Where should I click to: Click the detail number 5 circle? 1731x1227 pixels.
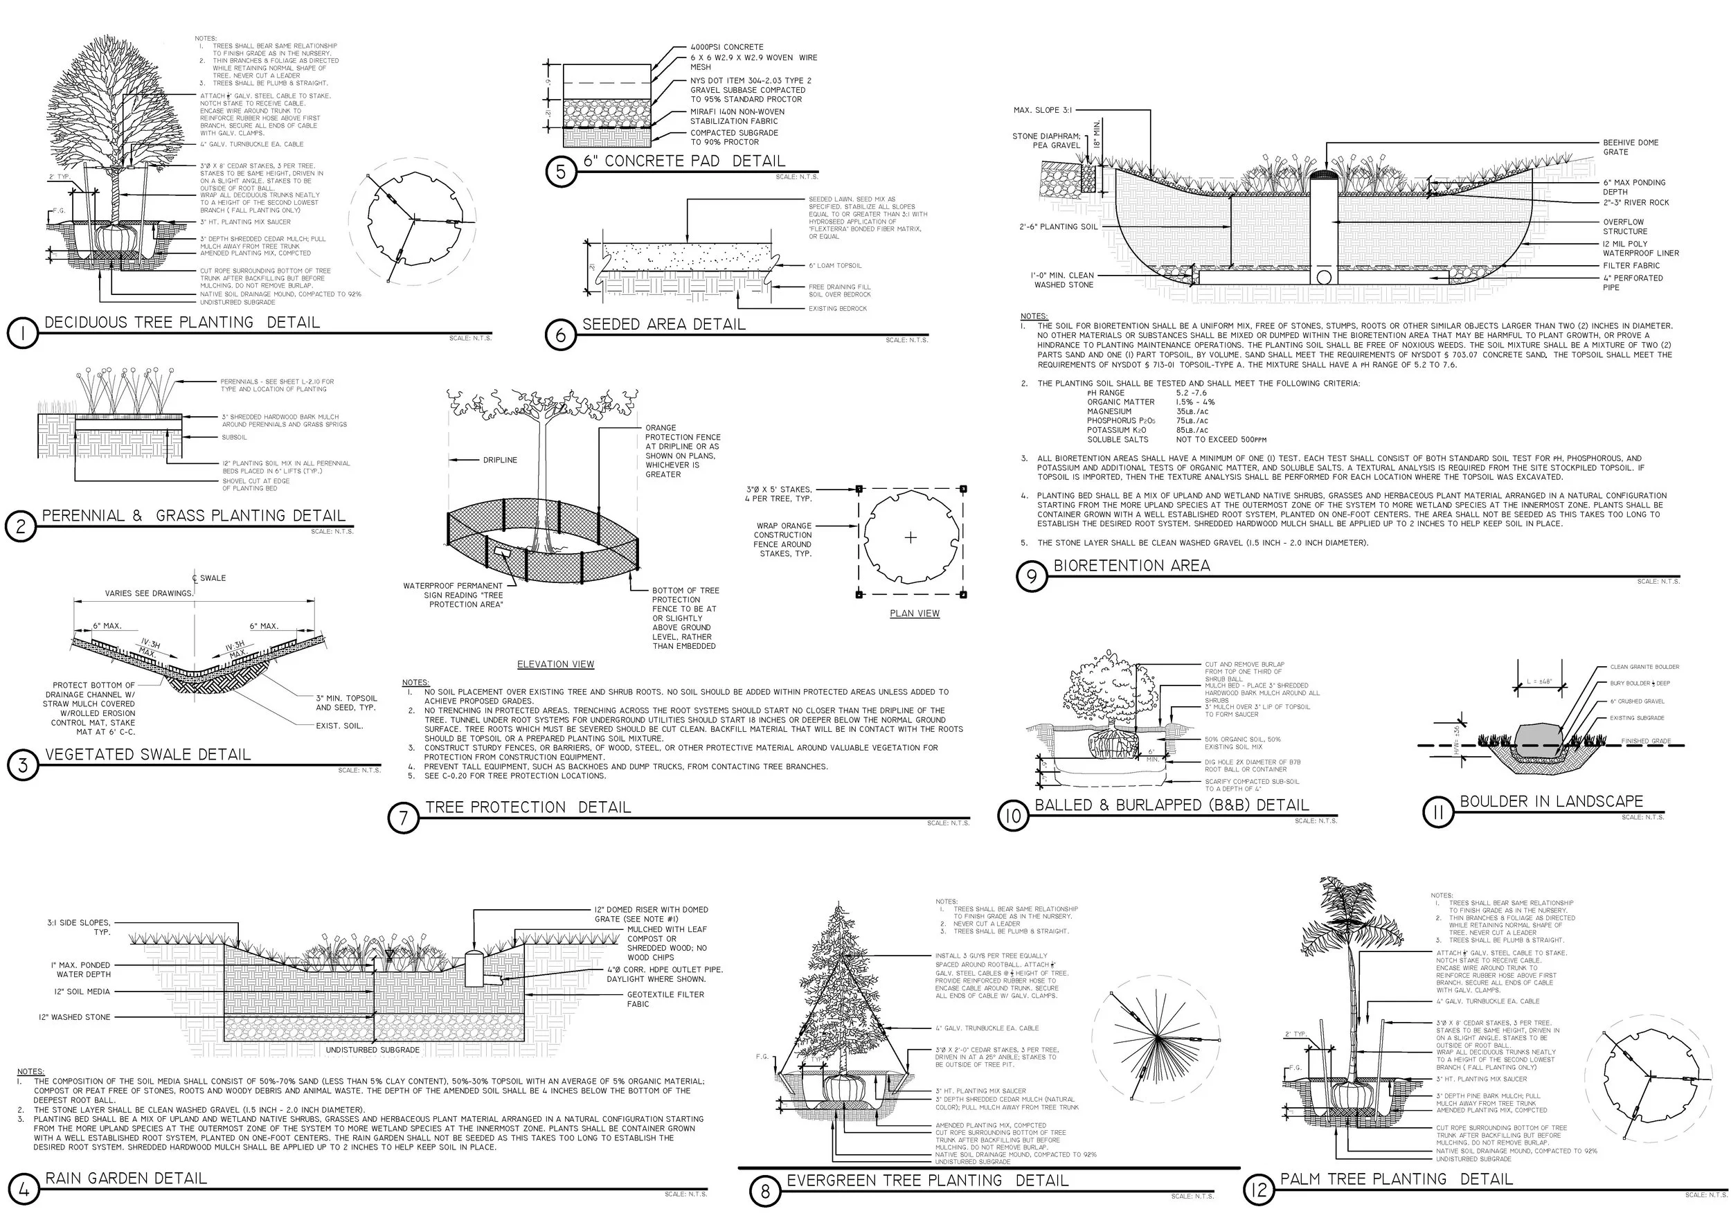(561, 172)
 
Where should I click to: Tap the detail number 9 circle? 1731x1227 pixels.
(1032, 577)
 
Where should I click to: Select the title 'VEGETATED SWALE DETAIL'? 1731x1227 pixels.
(148, 755)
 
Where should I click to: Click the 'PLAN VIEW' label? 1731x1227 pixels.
(914, 613)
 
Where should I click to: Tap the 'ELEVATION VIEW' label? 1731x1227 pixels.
(555, 664)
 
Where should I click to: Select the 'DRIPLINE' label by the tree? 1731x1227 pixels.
(500, 460)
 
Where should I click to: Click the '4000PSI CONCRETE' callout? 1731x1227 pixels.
(726, 47)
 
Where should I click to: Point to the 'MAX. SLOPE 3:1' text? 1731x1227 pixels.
(1042, 110)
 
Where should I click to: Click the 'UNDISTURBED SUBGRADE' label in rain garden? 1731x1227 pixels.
(373, 1050)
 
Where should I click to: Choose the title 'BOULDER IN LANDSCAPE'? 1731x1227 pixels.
(1550, 802)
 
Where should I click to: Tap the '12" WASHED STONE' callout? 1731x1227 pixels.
(75, 1017)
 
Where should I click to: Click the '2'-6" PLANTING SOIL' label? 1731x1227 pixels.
(1058, 226)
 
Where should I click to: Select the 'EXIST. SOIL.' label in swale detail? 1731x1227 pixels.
(339, 725)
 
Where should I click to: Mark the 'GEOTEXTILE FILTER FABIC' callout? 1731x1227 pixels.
(665, 998)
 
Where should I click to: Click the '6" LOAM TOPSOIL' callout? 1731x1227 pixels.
(834, 266)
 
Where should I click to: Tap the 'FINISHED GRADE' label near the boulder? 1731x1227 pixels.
(1646, 741)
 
